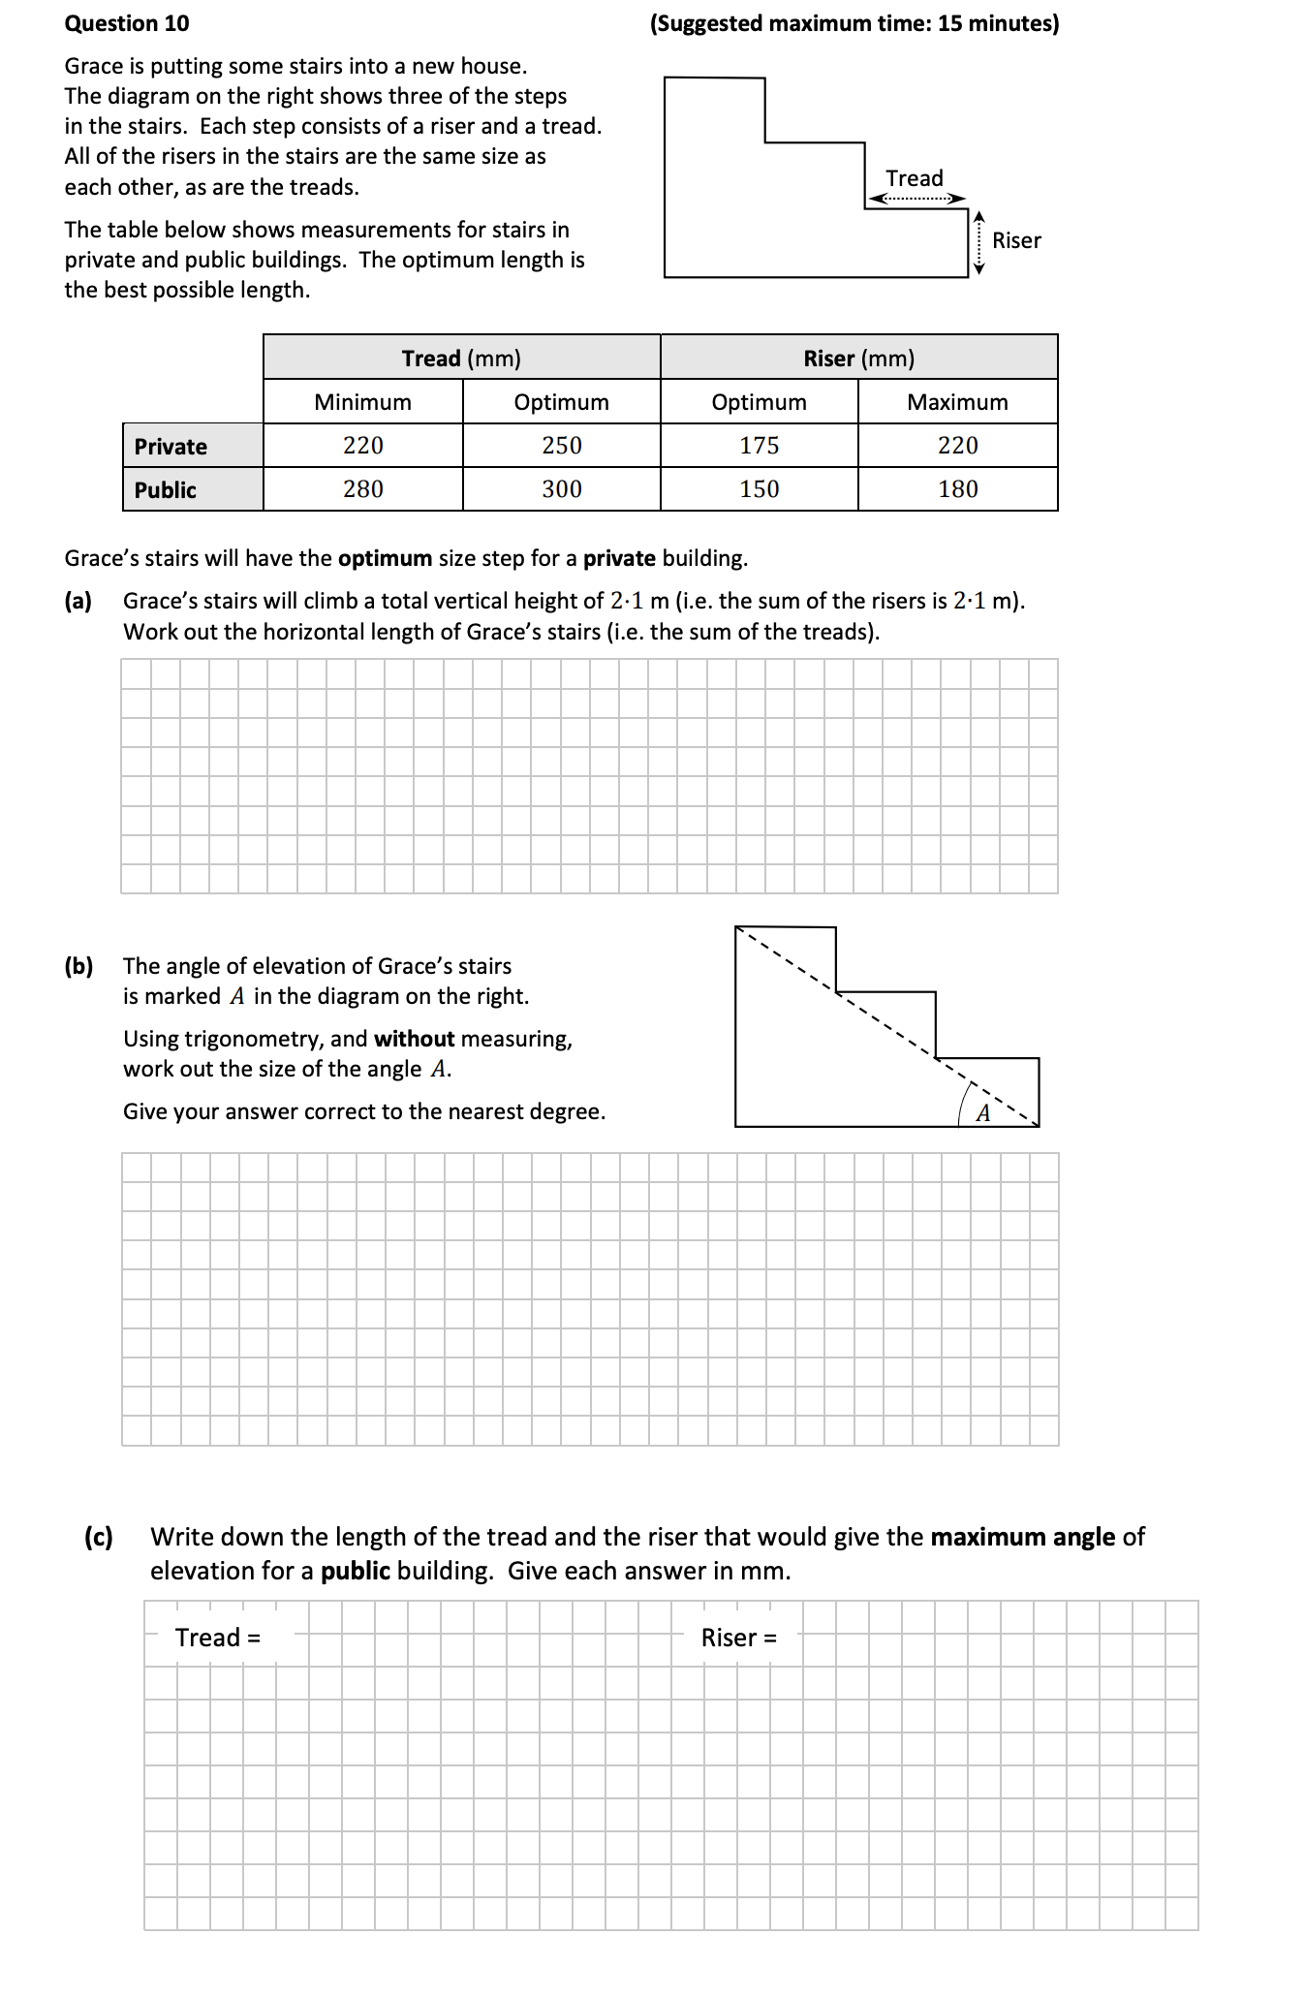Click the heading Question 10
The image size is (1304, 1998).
[127, 23]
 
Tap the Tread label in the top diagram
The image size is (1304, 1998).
[914, 178]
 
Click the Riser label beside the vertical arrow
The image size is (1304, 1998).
[1016, 240]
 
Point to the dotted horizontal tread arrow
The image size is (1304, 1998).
[916, 199]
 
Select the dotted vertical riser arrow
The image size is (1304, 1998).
[978, 242]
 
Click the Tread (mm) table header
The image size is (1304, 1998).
[461, 359]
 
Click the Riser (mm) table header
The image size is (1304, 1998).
[858, 359]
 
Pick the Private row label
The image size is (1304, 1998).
[171, 447]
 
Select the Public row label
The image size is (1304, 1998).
[166, 490]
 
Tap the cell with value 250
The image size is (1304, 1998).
[562, 446]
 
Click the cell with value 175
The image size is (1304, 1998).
[759, 446]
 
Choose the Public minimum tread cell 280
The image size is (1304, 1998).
[363, 489]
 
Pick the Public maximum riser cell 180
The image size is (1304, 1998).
[957, 489]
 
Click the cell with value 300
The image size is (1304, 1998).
[562, 489]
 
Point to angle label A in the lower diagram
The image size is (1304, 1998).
[983, 1113]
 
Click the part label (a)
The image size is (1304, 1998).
[78, 601]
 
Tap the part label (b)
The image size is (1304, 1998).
[78, 966]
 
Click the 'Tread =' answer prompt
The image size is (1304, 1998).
[218, 1638]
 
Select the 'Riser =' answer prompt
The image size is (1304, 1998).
[738, 1638]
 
